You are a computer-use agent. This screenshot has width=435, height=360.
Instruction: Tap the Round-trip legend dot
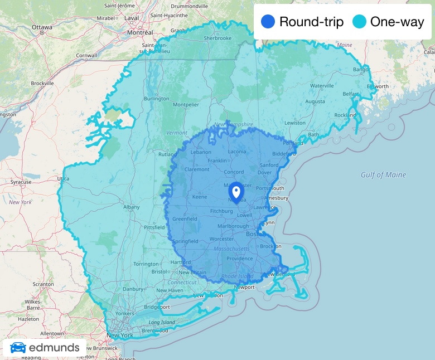coord(268,22)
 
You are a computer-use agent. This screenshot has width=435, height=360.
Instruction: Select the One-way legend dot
coord(359,22)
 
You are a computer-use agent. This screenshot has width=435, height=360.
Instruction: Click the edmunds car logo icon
coord(18,348)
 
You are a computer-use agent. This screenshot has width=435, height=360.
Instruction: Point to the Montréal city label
coord(140,32)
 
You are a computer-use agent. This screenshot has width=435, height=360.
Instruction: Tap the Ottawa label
coord(42,27)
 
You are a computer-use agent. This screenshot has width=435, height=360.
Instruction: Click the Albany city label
coord(131,207)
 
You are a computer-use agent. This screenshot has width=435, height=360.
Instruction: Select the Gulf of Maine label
coord(383,174)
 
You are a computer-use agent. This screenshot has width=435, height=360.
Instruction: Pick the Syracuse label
coord(21,182)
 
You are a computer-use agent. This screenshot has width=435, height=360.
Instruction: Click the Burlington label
coord(156,99)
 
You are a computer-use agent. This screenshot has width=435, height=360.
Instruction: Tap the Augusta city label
coord(315,102)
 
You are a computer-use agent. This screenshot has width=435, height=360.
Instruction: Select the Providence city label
coord(239,259)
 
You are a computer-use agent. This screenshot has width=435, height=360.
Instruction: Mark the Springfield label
coord(185,241)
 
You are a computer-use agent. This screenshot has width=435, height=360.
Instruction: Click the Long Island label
coord(162,322)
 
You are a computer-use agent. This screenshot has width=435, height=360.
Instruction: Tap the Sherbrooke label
coord(217,38)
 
